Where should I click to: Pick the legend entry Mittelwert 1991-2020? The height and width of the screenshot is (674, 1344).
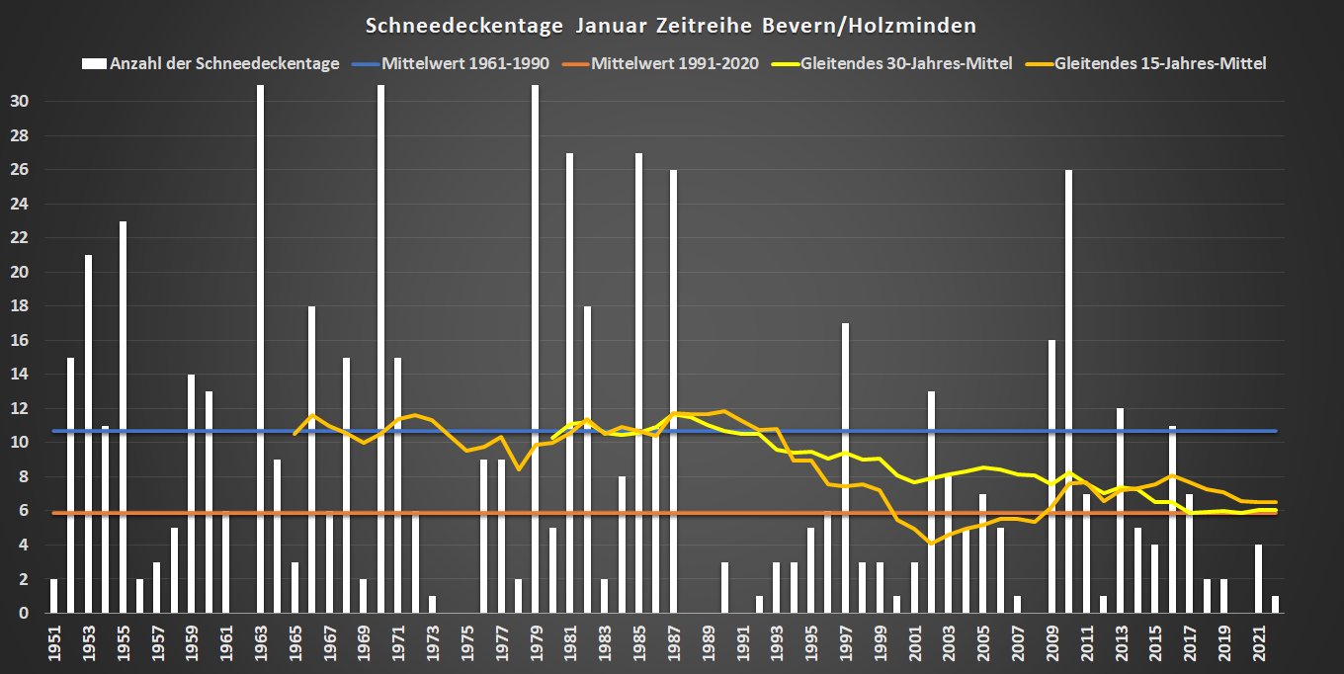tap(675, 63)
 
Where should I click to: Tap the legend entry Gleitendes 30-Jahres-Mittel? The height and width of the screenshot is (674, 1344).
tap(905, 63)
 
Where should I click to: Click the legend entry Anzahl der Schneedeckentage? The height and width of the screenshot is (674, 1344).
tap(224, 63)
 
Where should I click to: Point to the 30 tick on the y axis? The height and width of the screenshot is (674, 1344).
tap(22, 101)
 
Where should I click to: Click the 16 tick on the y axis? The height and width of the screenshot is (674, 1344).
tap(22, 340)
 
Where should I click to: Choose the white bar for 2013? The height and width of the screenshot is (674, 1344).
tap(1121, 510)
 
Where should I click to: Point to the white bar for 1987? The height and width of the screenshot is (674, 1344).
tap(673, 391)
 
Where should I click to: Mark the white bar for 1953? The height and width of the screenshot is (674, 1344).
tap(88, 434)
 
